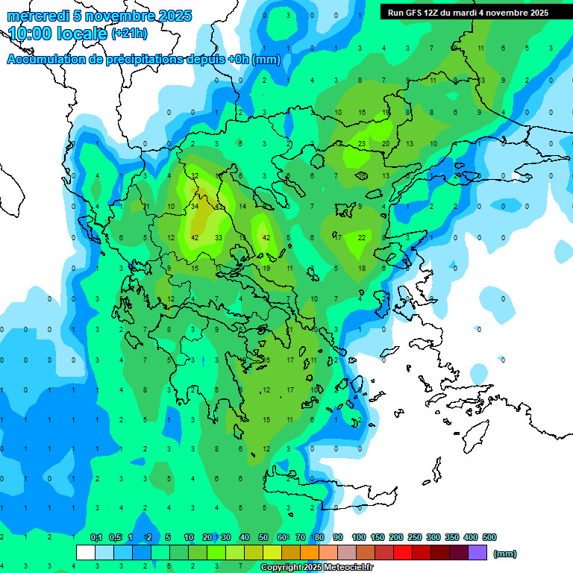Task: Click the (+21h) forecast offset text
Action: (130, 34)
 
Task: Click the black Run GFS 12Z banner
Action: (469, 12)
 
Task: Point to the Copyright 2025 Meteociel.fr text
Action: (317, 568)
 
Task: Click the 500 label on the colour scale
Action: (489, 537)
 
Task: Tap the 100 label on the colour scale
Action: (359, 537)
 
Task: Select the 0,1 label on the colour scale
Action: (96, 537)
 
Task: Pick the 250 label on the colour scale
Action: (415, 537)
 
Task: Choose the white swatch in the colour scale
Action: (86, 552)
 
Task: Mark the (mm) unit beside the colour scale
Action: (506, 554)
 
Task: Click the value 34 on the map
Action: (195, 207)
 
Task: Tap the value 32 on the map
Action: (194, 176)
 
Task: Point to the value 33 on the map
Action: (219, 237)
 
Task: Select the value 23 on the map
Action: (362, 144)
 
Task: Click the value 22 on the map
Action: (362, 237)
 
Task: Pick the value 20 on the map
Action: (386, 144)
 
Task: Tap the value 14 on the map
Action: (242, 207)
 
